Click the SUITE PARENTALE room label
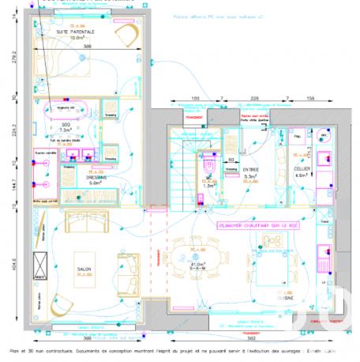[76, 32]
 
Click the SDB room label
[66, 126]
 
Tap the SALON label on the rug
[84, 269]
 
